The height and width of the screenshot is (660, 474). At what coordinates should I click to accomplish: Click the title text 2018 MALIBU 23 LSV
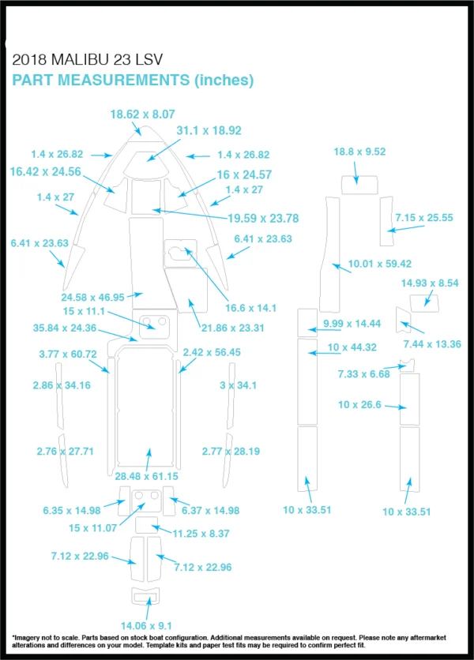pyautogui.click(x=87, y=60)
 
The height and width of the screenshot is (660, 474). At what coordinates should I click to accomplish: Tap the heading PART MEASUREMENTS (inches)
pyautogui.click(x=133, y=80)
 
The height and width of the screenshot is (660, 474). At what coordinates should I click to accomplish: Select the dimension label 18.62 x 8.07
pyautogui.click(x=142, y=114)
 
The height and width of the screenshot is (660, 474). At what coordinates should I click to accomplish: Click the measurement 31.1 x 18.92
pyautogui.click(x=209, y=130)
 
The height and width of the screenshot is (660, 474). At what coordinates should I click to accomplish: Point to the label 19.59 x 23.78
pyautogui.click(x=263, y=219)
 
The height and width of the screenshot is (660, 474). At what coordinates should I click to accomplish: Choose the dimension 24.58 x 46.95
pyautogui.click(x=92, y=298)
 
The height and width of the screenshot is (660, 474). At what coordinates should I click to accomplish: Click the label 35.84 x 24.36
pyautogui.click(x=65, y=328)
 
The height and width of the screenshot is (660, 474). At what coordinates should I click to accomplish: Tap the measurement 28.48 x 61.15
pyautogui.click(x=146, y=476)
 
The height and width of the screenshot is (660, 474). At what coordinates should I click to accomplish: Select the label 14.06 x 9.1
pyautogui.click(x=146, y=626)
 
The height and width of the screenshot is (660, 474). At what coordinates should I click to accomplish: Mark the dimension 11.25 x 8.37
pyautogui.click(x=201, y=534)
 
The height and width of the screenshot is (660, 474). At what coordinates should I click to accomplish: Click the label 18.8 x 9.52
pyautogui.click(x=359, y=152)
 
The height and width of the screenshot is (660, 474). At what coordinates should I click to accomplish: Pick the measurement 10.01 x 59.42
pyautogui.click(x=380, y=264)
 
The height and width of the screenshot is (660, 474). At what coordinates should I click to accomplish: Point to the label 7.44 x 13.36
pyautogui.click(x=432, y=344)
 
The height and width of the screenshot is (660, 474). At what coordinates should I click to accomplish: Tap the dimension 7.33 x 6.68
pyautogui.click(x=364, y=373)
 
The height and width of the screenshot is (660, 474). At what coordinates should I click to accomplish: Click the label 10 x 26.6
pyautogui.click(x=359, y=404)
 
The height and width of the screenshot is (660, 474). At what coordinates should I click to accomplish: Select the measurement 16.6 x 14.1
pyautogui.click(x=250, y=308)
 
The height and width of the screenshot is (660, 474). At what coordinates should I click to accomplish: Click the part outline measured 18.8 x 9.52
pyautogui.click(x=359, y=176)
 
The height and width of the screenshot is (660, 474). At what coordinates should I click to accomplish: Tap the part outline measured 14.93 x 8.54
pyautogui.click(x=424, y=295)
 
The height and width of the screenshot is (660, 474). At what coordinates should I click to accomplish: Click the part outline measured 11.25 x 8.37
pyautogui.click(x=147, y=518)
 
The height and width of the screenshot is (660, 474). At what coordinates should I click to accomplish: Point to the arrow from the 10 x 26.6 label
pyautogui.click(x=396, y=407)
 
